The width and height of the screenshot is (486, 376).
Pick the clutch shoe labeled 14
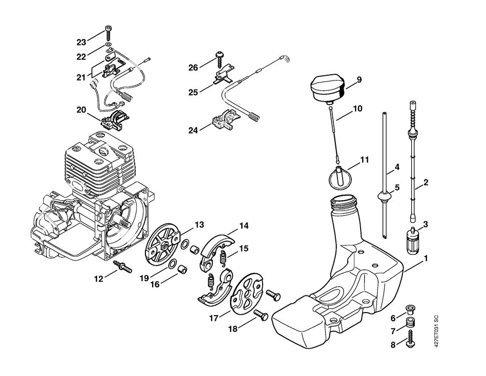[217, 248]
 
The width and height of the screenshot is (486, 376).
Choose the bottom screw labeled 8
[412, 338]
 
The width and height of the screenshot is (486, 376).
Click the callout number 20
[82, 109]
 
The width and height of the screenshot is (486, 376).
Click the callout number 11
[364, 159]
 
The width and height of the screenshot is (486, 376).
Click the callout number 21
[81, 77]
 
